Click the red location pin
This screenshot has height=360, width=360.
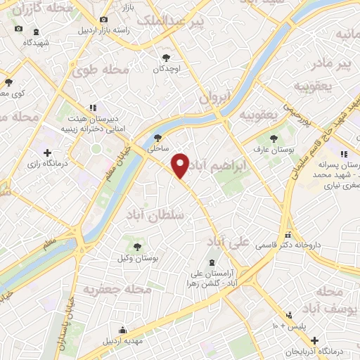(181, 165)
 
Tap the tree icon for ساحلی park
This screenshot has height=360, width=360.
(157, 138)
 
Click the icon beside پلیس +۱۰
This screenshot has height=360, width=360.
(288, 316)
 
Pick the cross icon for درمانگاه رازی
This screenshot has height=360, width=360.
(47, 153)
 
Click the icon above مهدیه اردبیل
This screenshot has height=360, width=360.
(123, 330)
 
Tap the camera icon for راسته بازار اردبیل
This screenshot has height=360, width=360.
(104, 20)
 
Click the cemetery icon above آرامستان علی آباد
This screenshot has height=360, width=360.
(212, 262)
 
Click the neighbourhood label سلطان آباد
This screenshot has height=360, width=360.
(155, 214)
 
